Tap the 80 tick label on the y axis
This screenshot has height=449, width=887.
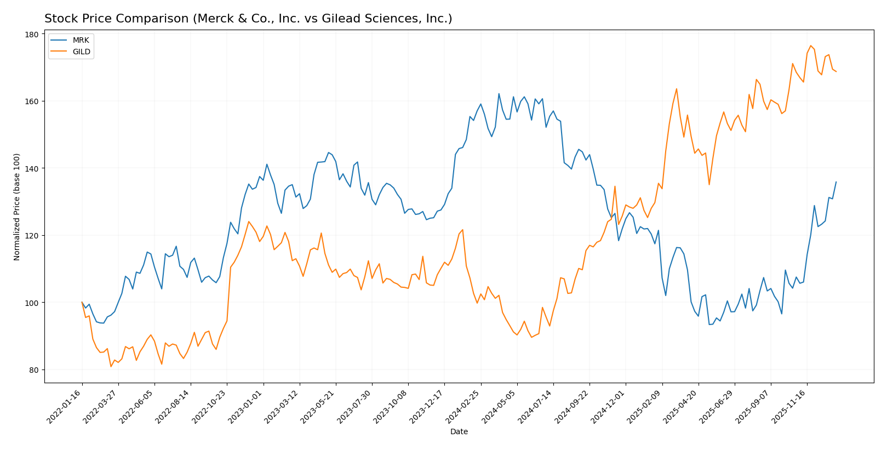(34, 370)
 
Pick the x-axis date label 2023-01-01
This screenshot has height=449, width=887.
(247, 407)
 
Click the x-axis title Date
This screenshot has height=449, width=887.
(459, 432)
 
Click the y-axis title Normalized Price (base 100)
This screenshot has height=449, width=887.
(17, 207)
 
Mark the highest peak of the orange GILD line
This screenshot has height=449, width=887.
(810, 46)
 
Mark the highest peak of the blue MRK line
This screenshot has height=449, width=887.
(499, 94)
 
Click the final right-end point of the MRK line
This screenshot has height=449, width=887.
(836, 182)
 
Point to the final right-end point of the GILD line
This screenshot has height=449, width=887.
(836, 71)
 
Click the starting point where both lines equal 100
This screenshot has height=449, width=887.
(82, 302)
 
